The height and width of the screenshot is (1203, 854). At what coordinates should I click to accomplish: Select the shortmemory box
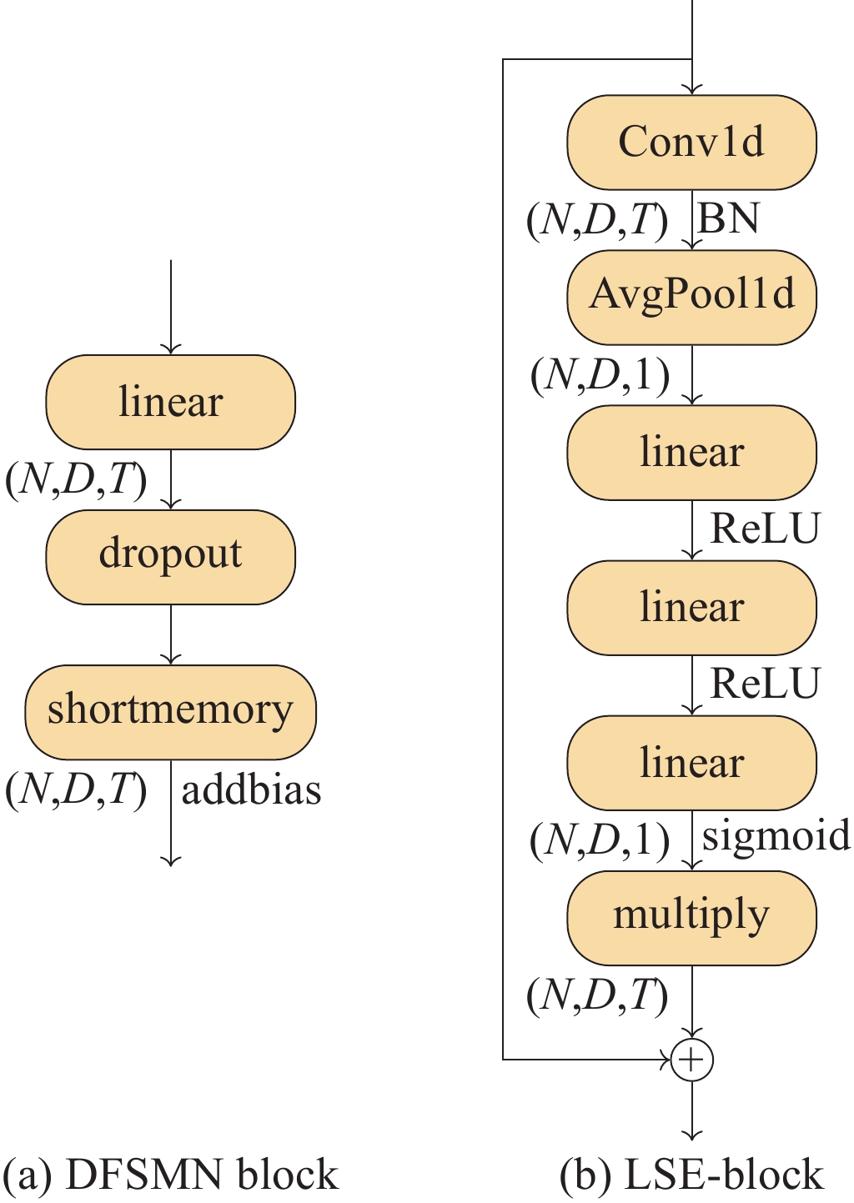[x=170, y=711]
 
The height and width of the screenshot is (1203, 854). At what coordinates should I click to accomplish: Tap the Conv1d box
[x=691, y=142]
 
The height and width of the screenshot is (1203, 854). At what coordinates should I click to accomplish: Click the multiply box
[x=691, y=917]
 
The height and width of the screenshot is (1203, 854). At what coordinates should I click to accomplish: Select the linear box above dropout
[x=170, y=402]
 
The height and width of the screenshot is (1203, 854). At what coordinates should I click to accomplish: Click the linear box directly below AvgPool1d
[x=691, y=452]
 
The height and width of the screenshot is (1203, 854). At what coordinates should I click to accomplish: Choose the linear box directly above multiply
[x=691, y=762]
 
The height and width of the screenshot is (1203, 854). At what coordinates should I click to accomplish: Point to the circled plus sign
[x=691, y=1060]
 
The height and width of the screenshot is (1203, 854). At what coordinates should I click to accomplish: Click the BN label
[x=729, y=219]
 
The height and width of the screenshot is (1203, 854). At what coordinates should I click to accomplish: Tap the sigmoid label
[x=776, y=836]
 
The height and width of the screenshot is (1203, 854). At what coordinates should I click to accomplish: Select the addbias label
[x=251, y=789]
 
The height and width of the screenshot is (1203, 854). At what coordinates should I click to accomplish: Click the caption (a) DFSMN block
[x=171, y=1175]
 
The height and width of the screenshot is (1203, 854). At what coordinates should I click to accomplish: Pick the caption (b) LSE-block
[x=691, y=1175]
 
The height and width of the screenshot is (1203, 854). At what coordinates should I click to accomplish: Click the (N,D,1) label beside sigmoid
[x=600, y=841]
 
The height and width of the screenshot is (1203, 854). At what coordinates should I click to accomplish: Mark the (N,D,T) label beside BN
[x=597, y=221]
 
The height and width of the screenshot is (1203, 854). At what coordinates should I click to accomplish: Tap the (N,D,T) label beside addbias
[x=76, y=789]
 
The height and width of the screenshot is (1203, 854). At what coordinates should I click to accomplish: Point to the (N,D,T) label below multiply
[x=597, y=995]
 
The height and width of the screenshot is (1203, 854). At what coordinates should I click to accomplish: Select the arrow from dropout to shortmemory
[x=170, y=634]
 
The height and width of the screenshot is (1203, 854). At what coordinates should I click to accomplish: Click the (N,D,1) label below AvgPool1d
[x=600, y=376]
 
